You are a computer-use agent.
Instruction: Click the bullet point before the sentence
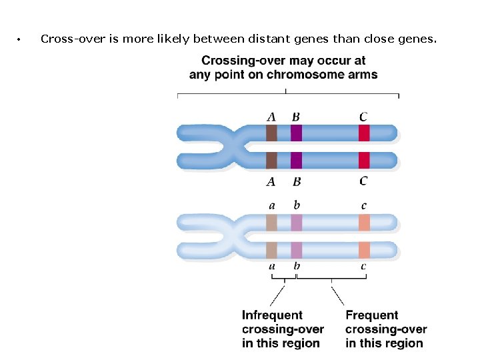[21, 40]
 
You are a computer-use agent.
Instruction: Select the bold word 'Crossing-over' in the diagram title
[238, 61]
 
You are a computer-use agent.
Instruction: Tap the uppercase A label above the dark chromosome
[271, 117]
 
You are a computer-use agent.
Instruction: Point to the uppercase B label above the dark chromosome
[296, 117]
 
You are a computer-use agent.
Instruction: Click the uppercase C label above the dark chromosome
[363, 117]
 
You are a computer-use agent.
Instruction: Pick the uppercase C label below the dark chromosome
[363, 181]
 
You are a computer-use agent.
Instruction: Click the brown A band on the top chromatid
[271, 133]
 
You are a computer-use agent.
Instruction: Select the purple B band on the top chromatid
[297, 133]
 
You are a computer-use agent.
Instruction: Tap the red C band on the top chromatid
[364, 133]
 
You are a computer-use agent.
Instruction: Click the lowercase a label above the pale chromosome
[271, 206]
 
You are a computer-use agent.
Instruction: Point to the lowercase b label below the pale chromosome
[297, 266]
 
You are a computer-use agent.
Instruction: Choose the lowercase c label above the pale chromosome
[363, 206]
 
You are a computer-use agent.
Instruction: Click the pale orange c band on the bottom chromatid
[364, 250]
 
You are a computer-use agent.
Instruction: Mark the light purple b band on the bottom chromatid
[297, 250]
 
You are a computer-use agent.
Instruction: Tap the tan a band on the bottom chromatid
[271, 250]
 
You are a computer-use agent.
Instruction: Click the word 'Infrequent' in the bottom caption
[272, 315]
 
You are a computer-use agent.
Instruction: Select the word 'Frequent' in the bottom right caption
[371, 315]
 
